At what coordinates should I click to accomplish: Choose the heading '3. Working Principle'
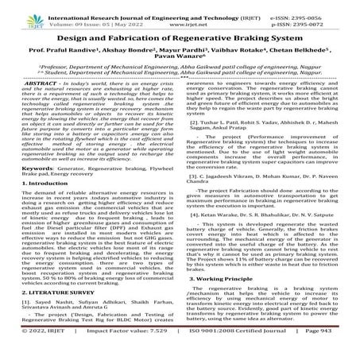click(225, 280)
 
